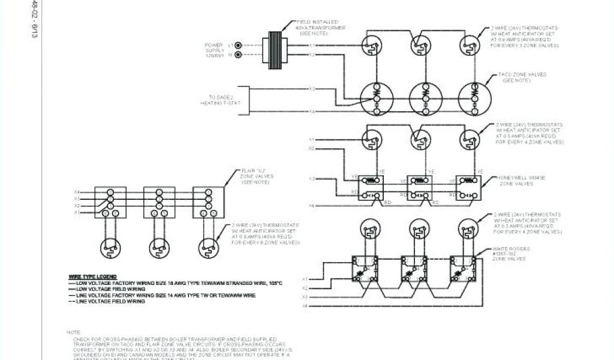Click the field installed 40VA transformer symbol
pyautogui.click(x=276, y=47)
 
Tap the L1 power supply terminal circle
pyautogui.click(x=239, y=45)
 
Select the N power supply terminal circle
pyautogui.click(x=239, y=55)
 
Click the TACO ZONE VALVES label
pyautogui.click(x=519, y=78)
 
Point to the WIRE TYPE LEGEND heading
pyautogui.click(x=92, y=275)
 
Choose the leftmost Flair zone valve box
pyautogui.click(x=112, y=203)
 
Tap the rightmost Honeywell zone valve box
pyautogui.click(x=468, y=187)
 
